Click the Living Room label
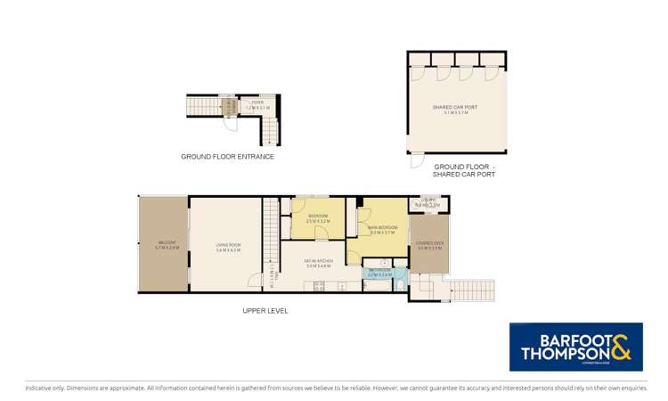click(x=229, y=249)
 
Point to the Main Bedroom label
click(x=382, y=230)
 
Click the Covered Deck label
click(x=430, y=247)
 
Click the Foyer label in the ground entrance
click(x=257, y=104)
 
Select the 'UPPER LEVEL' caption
click(x=265, y=311)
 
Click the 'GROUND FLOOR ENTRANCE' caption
click(x=227, y=157)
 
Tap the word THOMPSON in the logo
click(x=560, y=355)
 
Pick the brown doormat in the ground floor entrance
click(x=229, y=108)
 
